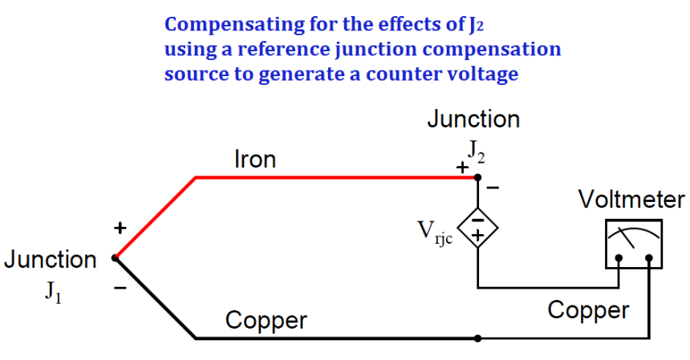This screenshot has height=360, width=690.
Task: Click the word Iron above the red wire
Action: [x=255, y=159]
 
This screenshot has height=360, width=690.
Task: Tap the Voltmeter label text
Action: [x=631, y=199]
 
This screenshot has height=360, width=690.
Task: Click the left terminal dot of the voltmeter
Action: [x=619, y=258]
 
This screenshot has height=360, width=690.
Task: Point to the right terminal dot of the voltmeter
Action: [x=649, y=258]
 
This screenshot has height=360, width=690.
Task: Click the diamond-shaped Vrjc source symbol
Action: [x=478, y=229]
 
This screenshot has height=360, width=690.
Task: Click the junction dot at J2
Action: [x=478, y=177]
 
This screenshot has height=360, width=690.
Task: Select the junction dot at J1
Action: [x=116, y=258]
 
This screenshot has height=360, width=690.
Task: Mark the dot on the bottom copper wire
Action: [x=478, y=338]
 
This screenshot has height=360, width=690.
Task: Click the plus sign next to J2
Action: [x=462, y=168]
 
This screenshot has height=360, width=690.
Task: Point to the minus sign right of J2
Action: [x=493, y=188]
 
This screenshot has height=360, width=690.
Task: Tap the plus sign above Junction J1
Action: [x=120, y=228]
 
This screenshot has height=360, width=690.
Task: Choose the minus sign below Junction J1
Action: [x=120, y=289]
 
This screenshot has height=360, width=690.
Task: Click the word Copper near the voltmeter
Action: [x=588, y=311]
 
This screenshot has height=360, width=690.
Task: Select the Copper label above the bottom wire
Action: [x=266, y=321]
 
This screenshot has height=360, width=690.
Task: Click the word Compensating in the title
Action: [x=234, y=25]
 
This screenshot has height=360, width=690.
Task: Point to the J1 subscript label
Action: [x=53, y=291]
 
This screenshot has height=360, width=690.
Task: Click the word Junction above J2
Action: [x=473, y=119]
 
